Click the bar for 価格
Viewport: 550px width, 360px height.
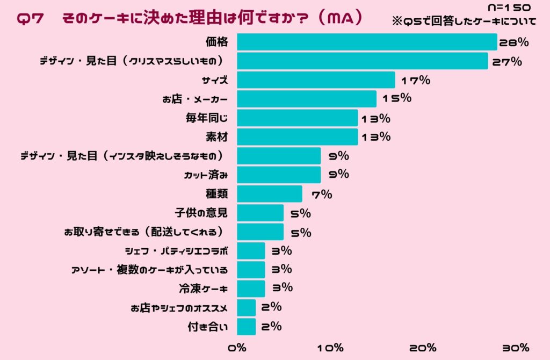(367, 42)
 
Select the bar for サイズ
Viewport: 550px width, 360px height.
(316, 80)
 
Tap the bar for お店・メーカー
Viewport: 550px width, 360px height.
(307, 99)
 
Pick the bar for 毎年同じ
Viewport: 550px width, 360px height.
(297, 118)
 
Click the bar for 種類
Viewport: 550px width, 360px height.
(270, 194)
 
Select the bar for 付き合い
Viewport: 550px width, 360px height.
(246, 326)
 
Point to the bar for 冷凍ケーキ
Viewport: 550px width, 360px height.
(251, 288)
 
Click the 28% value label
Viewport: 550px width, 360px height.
(514, 42)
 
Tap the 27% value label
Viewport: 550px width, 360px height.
(505, 61)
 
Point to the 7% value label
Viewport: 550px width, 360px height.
(321, 195)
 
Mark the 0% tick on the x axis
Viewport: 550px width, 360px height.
(237, 348)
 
